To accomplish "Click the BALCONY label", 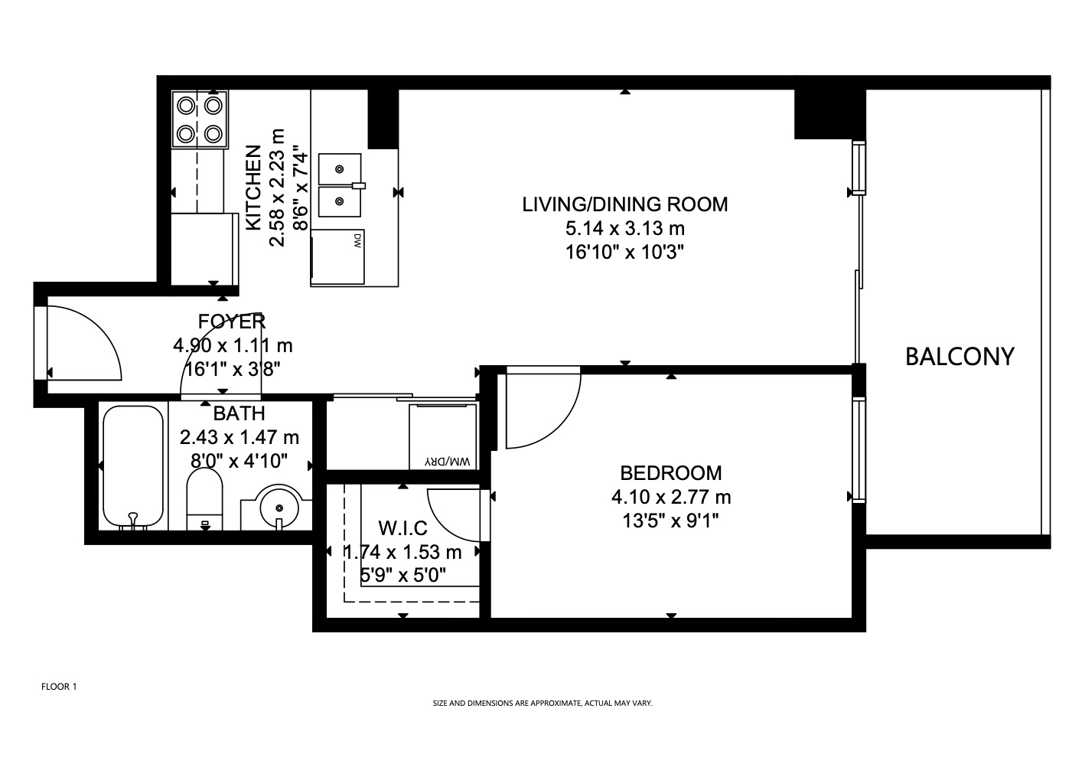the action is click(x=960, y=357).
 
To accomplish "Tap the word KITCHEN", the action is click(x=254, y=188).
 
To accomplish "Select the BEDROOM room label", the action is click(x=671, y=473).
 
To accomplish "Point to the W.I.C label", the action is click(x=403, y=528).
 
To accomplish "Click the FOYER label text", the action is click(x=232, y=322).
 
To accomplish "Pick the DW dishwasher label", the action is click(x=357, y=241).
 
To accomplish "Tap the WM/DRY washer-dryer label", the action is click(x=448, y=461).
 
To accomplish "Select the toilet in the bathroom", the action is click(x=204, y=499).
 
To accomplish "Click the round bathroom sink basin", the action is click(x=279, y=508).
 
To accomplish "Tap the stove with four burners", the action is click(x=200, y=119).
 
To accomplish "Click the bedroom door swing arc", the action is click(x=563, y=427).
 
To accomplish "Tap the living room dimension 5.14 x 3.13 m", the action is click(x=625, y=228).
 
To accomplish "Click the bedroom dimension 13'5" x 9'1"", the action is click(x=670, y=521).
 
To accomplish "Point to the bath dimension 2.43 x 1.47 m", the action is click(x=239, y=437).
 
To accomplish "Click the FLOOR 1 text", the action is click(x=59, y=687).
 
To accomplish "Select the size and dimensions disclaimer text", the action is click(x=542, y=703).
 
